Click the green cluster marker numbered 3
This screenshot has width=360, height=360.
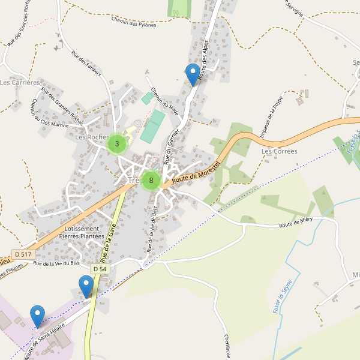coord(116,144)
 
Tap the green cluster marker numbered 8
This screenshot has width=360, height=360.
coord(151,180)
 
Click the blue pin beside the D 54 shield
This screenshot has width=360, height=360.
coord(86,286)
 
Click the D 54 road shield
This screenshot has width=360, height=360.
coord(99,269)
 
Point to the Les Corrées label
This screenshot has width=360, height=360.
coord(279,151)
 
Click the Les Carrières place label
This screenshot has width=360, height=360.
coord(20,82)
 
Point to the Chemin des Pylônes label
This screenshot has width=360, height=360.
coord(133,22)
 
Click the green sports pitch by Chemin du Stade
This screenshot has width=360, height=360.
coord(153,125)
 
